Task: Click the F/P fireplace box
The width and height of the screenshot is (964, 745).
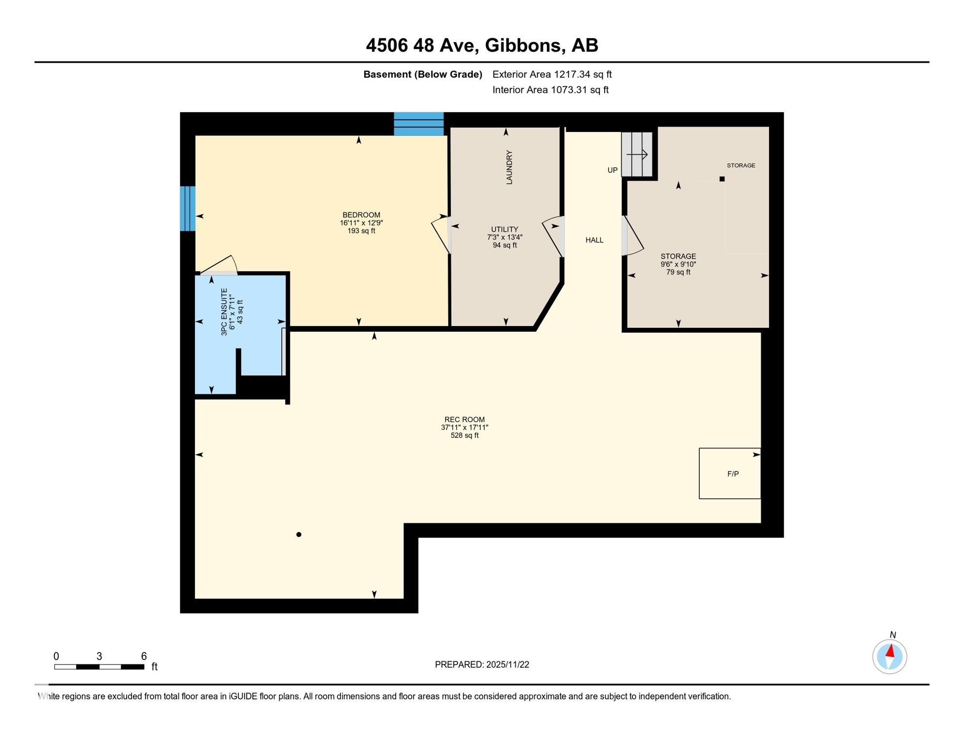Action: tap(730, 473)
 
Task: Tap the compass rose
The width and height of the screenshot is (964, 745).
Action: tap(889, 656)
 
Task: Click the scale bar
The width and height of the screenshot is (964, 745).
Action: tap(99, 667)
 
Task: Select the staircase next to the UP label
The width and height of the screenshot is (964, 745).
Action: tap(637, 154)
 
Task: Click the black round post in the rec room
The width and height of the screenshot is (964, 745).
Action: tap(299, 534)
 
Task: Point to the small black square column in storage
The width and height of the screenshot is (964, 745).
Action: tap(722, 179)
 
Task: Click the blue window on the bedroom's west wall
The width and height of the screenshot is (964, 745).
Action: tap(188, 209)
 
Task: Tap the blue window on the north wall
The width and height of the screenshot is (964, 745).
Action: tap(418, 124)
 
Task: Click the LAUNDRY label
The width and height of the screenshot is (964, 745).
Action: tap(509, 167)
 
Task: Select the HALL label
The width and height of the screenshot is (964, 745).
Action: tap(594, 240)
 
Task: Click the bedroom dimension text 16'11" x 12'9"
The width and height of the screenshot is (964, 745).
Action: tap(361, 223)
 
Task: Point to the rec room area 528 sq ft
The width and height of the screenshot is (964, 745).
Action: tap(465, 436)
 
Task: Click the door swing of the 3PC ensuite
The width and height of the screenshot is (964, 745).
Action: tap(219, 265)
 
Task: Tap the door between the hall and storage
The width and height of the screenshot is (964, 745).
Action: tap(632, 236)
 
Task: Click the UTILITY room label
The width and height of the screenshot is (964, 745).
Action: tap(505, 229)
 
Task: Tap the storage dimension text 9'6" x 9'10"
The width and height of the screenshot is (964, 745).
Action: tap(678, 264)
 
